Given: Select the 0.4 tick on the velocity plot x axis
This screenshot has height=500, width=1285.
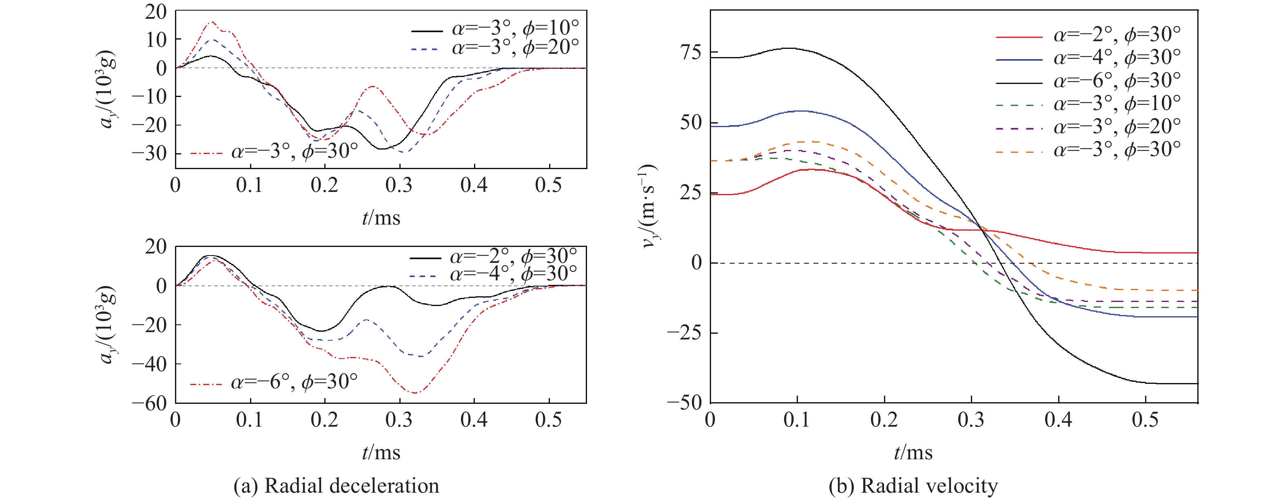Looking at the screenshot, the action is point(1058,420).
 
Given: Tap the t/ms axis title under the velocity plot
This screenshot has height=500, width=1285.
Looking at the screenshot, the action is point(913,453).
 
